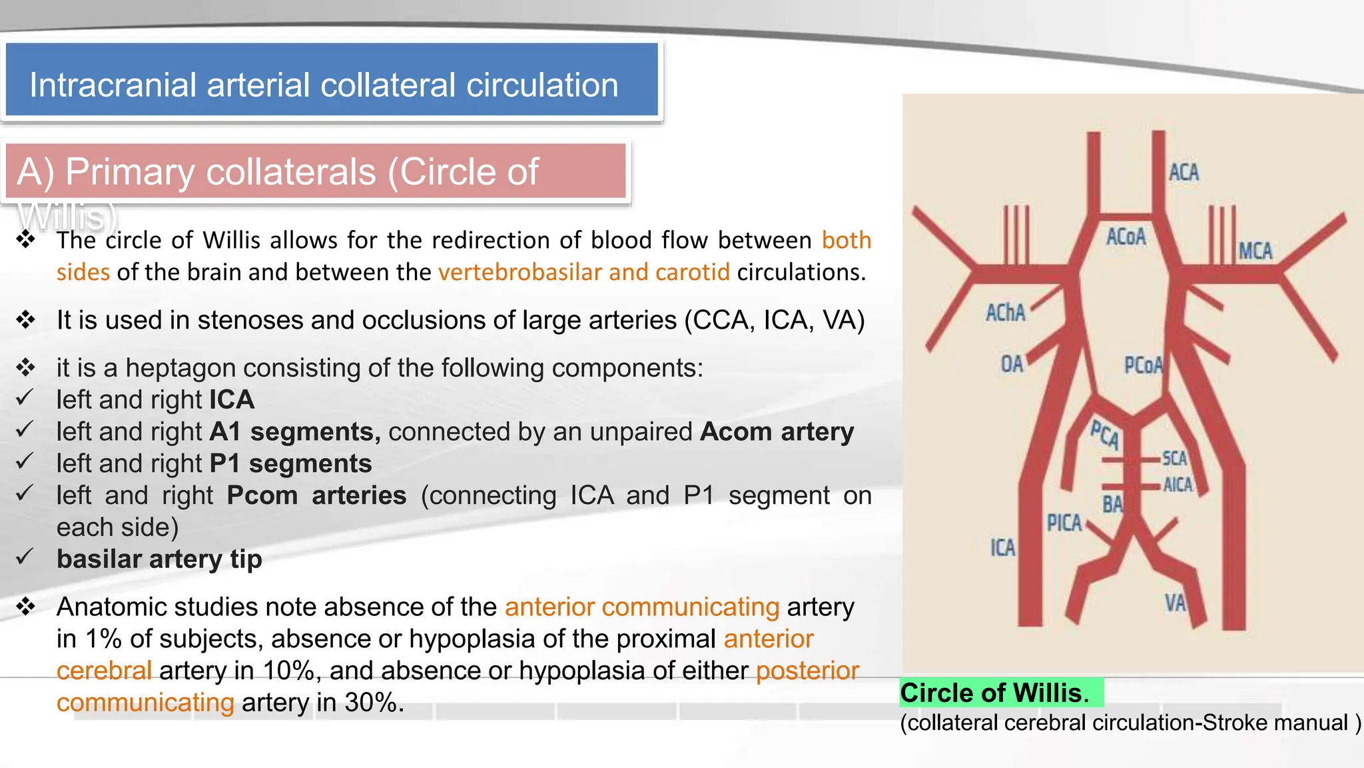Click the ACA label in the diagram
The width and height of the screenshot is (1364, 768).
point(1184,173)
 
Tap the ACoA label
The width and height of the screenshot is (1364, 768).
point(1126,237)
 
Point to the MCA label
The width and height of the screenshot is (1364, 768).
point(1255,251)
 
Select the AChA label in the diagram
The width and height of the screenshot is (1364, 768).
point(1006,313)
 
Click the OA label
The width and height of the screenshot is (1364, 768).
point(1012,364)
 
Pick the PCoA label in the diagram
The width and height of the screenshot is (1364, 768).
point(1143,365)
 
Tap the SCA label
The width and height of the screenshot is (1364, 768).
point(1175,459)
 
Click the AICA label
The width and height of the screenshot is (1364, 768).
point(1178,485)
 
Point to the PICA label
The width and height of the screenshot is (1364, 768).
point(1064,523)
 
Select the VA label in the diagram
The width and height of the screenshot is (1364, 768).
point(1176,603)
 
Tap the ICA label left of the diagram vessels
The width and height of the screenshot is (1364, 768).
point(1002,548)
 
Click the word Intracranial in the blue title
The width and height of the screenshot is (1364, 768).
point(113,85)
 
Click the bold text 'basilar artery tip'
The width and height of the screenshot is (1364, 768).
point(159,559)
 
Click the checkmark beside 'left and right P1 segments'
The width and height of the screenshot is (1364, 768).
point(25,461)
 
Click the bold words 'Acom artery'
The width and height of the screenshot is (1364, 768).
point(777,432)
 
